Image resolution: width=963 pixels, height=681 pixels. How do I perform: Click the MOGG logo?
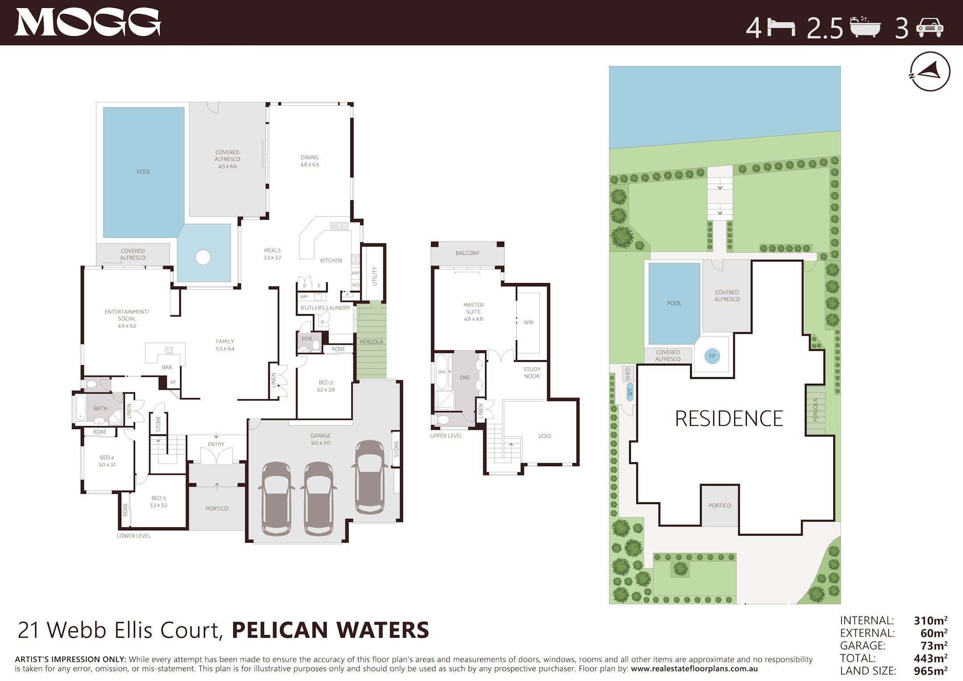(x=87, y=22)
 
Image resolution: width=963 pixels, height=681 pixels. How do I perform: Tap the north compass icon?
(x=930, y=71)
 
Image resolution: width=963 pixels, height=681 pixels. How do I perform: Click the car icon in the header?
(x=930, y=28)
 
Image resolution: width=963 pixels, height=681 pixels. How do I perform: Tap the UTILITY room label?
(x=374, y=276)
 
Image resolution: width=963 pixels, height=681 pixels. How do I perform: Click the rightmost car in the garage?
(x=370, y=477)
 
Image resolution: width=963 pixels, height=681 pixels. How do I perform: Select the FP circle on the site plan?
(x=712, y=356)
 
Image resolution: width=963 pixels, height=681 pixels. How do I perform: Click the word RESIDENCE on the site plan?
(x=728, y=419)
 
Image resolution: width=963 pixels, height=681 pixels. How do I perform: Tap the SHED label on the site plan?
(x=628, y=373)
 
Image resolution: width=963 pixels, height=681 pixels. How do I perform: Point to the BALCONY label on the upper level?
(x=467, y=253)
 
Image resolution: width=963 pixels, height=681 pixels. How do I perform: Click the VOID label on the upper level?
(x=544, y=436)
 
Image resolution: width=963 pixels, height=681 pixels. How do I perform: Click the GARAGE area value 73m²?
(x=933, y=645)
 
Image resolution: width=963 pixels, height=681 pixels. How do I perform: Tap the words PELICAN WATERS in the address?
(x=330, y=630)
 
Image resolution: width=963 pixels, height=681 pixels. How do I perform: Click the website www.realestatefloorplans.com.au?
(x=694, y=669)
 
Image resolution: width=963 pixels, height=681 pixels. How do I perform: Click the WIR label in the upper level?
(x=528, y=322)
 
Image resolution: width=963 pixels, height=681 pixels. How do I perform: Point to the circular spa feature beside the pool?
(x=203, y=257)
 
